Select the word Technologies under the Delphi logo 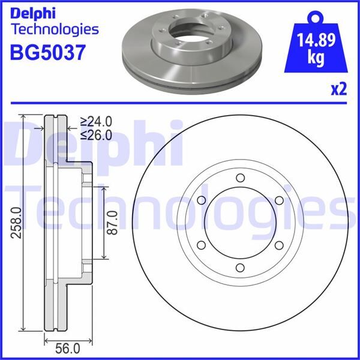(x=54, y=28)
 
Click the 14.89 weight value (x=316, y=43)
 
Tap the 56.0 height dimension (x=69, y=349)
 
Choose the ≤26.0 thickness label (x=96, y=136)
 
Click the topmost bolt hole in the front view (x=240, y=178)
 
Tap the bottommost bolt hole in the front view (x=240, y=267)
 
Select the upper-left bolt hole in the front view (x=202, y=200)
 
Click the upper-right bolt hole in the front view (x=278, y=200)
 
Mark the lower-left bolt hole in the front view (x=202, y=245)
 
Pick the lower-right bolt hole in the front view (x=278, y=245)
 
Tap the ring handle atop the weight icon (x=316, y=16)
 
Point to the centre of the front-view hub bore (x=240, y=223)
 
